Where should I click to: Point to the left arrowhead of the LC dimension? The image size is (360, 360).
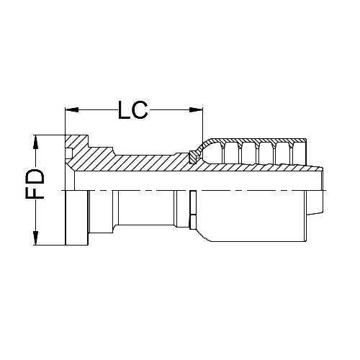click(70, 109)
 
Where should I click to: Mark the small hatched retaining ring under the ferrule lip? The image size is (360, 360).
click(192, 156)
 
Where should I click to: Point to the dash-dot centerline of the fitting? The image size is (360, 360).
click(144, 190)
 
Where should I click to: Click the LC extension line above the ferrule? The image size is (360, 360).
click(202, 126)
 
